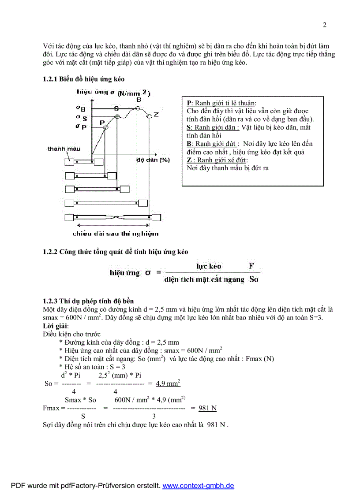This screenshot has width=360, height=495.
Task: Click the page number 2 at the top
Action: pyautogui.click(x=325, y=25)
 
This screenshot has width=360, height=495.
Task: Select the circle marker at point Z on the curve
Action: pyautogui.click(x=150, y=115)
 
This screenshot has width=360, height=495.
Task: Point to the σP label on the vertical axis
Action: pyautogui.click(x=81, y=127)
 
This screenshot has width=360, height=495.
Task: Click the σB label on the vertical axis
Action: pyautogui.click(x=80, y=108)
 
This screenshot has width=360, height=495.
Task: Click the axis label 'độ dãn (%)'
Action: pyautogui.click(x=153, y=160)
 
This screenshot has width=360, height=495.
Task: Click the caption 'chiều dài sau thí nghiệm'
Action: pyautogui.click(x=115, y=234)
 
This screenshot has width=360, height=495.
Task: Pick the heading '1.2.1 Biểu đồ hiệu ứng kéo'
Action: pyautogui.click(x=83, y=79)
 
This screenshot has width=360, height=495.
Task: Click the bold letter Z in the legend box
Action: pyautogui.click(x=189, y=160)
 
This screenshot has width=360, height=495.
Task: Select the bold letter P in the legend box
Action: pyautogui.click(x=189, y=103)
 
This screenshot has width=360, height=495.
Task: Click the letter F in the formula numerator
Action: pyautogui.click(x=251, y=266)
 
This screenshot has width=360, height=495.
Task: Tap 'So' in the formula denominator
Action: pyautogui.click(x=254, y=279)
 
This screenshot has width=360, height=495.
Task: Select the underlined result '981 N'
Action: pyautogui.click(x=207, y=408)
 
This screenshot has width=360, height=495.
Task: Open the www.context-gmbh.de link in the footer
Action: pyautogui.click(x=199, y=486)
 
